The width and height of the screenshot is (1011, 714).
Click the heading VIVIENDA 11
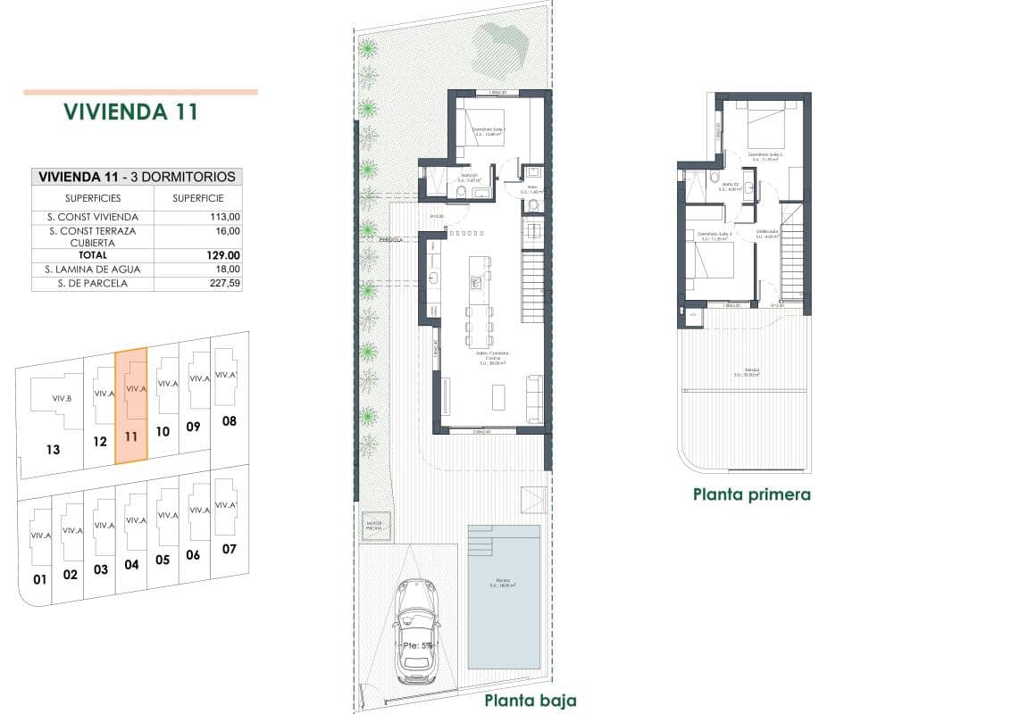tap(130, 112)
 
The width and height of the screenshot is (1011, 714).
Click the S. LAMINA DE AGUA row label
tap(92, 269)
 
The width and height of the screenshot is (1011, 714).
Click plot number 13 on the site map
tap(53, 449)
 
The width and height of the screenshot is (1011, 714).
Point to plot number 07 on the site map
tap(229, 548)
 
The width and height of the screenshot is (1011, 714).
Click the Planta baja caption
tap(530, 700)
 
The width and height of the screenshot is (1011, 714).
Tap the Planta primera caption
tap(751, 494)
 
